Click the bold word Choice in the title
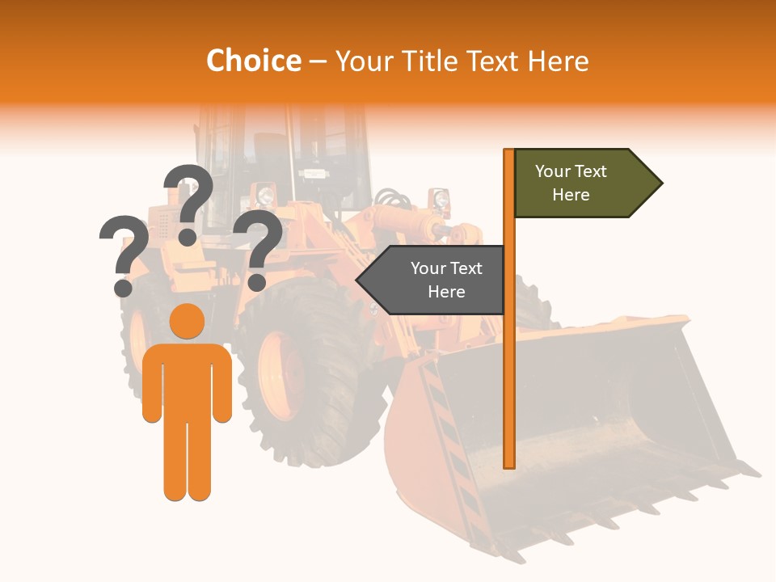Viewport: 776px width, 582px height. (x=253, y=61)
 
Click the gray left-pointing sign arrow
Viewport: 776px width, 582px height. (x=432, y=280)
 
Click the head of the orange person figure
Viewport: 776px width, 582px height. (x=187, y=322)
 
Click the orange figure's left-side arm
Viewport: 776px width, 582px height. (x=151, y=384)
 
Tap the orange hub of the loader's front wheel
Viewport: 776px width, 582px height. (x=280, y=376)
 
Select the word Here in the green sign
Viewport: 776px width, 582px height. (x=571, y=195)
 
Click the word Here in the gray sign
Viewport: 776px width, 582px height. (x=446, y=292)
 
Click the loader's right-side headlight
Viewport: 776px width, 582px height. (x=441, y=198)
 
